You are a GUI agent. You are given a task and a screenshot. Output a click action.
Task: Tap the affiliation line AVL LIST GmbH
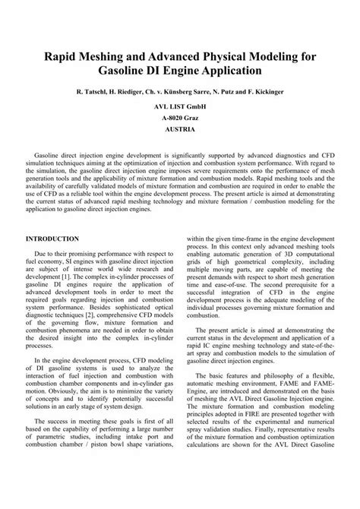[x=180, y=107]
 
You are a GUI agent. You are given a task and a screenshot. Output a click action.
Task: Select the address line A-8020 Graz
[x=180, y=119]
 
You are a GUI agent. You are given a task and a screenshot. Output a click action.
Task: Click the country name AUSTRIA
[x=180, y=130]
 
